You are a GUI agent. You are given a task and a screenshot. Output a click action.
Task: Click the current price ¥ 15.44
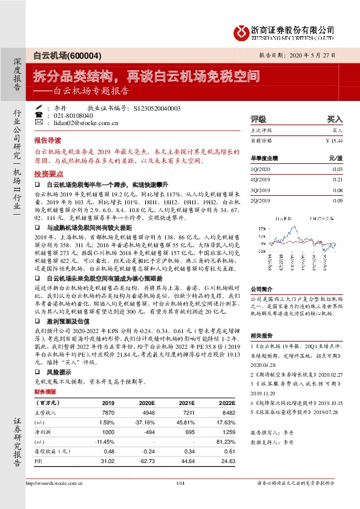[335, 140]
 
